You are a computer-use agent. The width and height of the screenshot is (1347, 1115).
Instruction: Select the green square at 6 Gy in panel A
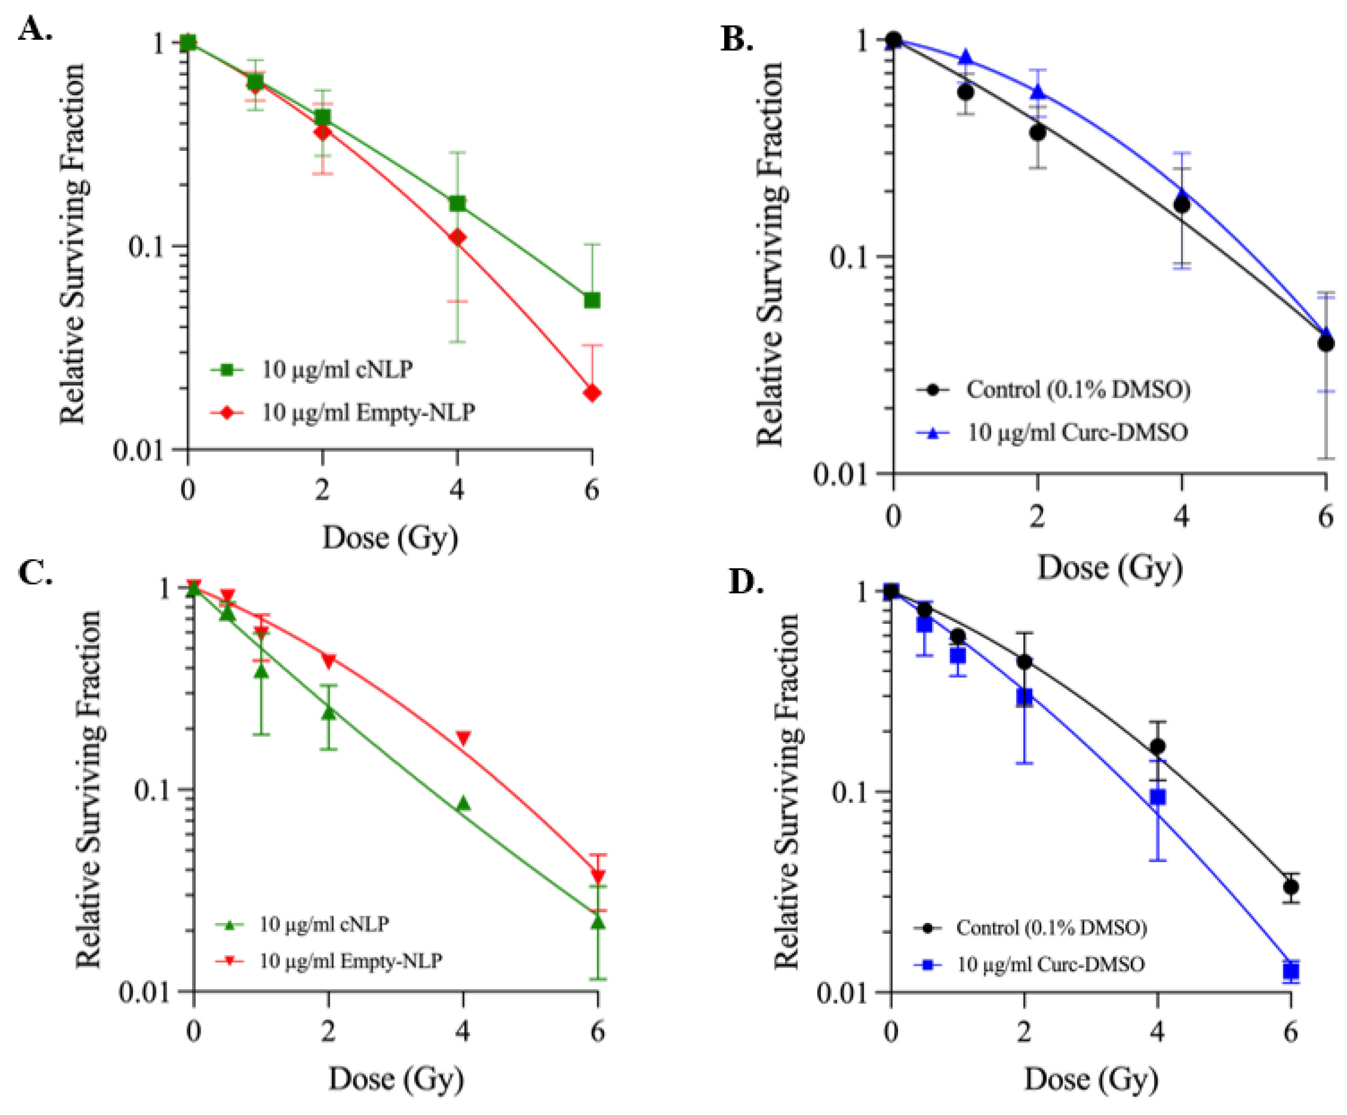[x=591, y=300]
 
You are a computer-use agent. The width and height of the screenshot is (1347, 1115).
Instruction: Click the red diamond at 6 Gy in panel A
[x=591, y=393]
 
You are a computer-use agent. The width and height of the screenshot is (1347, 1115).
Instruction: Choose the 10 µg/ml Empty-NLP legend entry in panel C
[x=349, y=960]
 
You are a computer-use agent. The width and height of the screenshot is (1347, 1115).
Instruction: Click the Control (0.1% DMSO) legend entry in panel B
[x=1078, y=389]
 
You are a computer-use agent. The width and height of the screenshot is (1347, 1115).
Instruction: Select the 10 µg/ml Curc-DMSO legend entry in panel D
[x=1050, y=964]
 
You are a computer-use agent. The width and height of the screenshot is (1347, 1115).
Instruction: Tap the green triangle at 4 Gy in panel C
[x=463, y=804]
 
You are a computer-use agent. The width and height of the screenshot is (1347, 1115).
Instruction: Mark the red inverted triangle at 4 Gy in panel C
[x=463, y=738]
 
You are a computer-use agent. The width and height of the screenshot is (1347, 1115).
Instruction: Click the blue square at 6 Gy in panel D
[x=1290, y=971]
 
